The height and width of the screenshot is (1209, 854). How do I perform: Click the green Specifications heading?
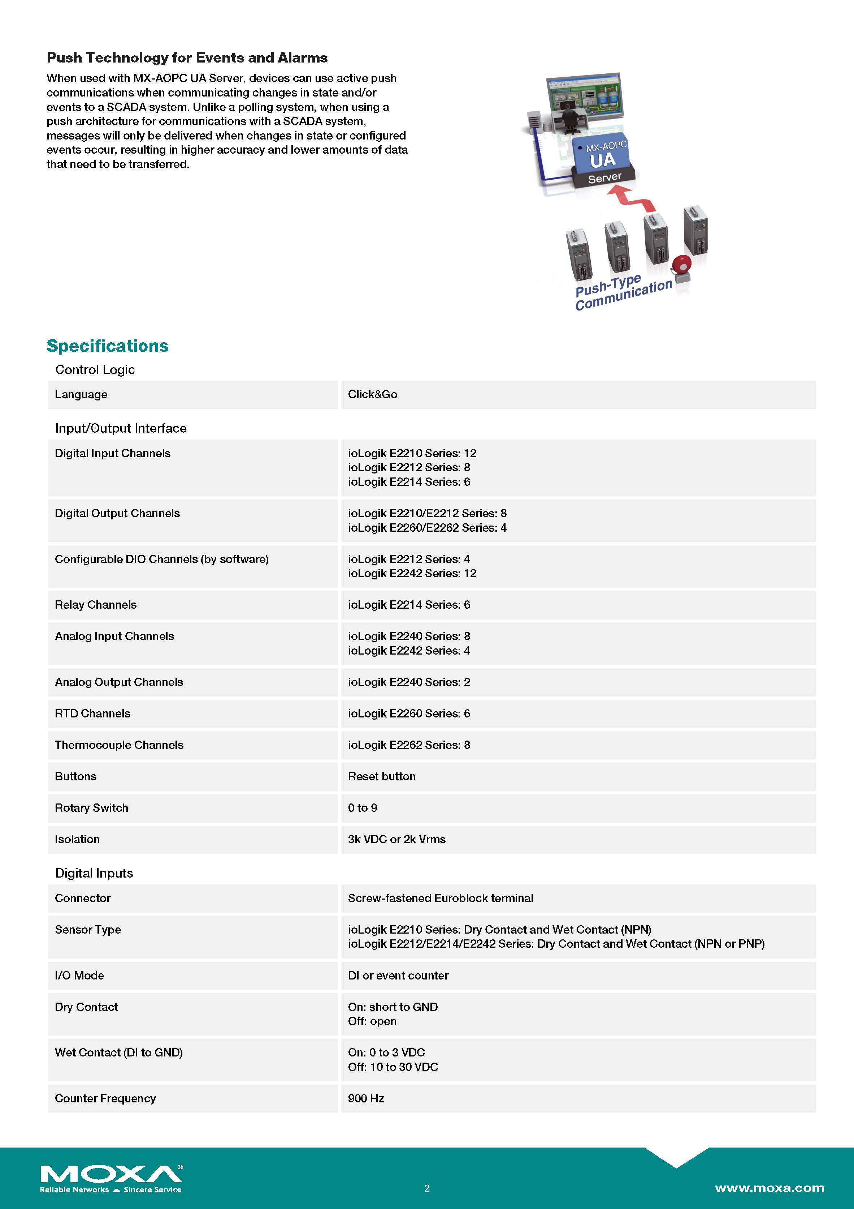107,346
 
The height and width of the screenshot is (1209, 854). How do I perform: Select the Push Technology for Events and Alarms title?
187,57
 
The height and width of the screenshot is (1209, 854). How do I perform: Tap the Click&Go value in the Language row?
373,394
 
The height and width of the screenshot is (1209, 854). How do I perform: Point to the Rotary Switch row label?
92,808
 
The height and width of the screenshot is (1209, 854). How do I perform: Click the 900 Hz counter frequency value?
366,1098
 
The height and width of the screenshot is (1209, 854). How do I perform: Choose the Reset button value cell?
381,776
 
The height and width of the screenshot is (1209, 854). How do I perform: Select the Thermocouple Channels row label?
119,745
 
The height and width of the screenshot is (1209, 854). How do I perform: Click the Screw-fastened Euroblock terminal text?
441,898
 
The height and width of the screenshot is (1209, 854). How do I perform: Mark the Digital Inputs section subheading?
94,873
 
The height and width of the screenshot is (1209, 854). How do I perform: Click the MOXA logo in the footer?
111,1178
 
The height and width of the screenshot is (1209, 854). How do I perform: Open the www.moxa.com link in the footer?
769,1188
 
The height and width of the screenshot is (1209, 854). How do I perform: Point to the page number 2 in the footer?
427,1188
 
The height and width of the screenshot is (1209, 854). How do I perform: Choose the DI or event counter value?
398,976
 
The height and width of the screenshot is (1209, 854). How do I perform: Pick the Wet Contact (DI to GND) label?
118,1052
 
